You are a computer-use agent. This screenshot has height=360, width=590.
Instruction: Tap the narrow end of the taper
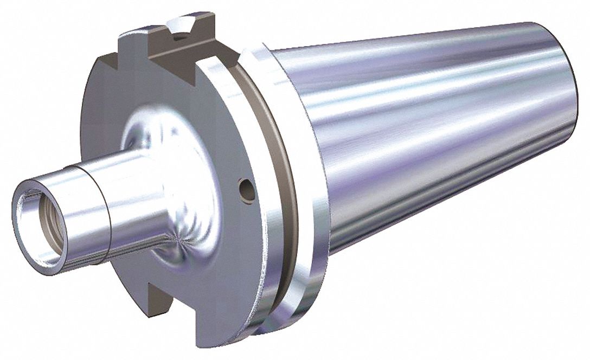[564, 108]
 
